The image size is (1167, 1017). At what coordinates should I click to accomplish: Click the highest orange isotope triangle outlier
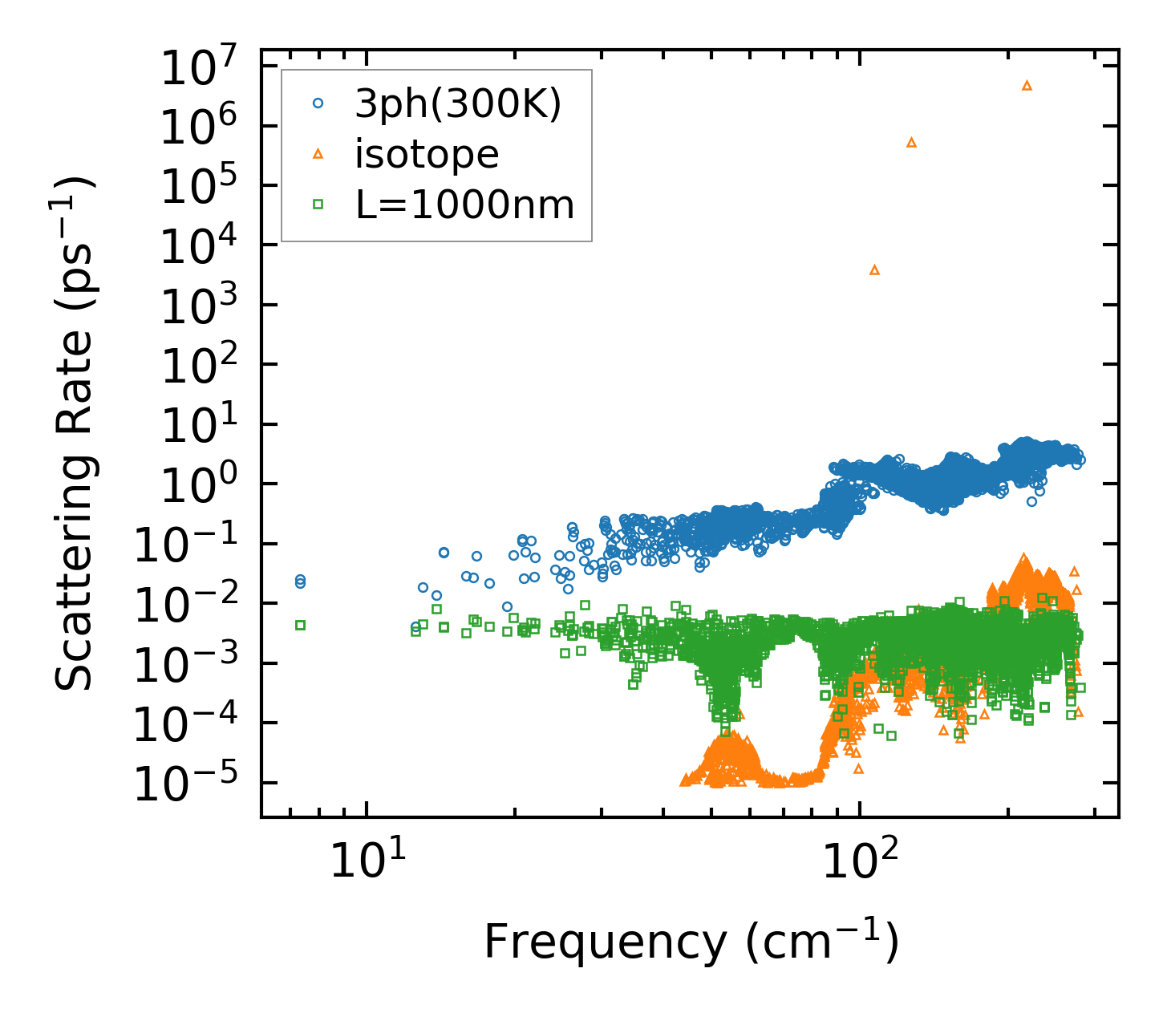tap(1027, 85)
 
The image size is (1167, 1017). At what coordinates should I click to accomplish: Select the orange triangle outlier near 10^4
tap(875, 269)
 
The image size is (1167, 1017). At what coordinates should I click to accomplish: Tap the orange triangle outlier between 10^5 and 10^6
tap(911, 142)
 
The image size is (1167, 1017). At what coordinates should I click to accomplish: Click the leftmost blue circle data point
tap(300, 581)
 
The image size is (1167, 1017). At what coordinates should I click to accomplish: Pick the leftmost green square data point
tap(300, 625)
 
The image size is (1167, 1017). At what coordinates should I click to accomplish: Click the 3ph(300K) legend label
tap(458, 103)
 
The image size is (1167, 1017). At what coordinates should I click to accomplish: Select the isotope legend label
tap(427, 153)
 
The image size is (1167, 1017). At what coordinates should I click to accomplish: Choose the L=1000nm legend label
tap(464, 205)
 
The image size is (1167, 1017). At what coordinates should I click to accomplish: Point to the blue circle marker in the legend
tap(318, 103)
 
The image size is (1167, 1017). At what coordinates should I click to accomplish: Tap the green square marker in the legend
tap(318, 205)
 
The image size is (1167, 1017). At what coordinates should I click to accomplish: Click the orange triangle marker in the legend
tap(318, 153)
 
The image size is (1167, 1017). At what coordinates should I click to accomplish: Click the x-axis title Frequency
tap(691, 942)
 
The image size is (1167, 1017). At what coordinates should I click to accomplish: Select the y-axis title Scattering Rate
tap(74, 433)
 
